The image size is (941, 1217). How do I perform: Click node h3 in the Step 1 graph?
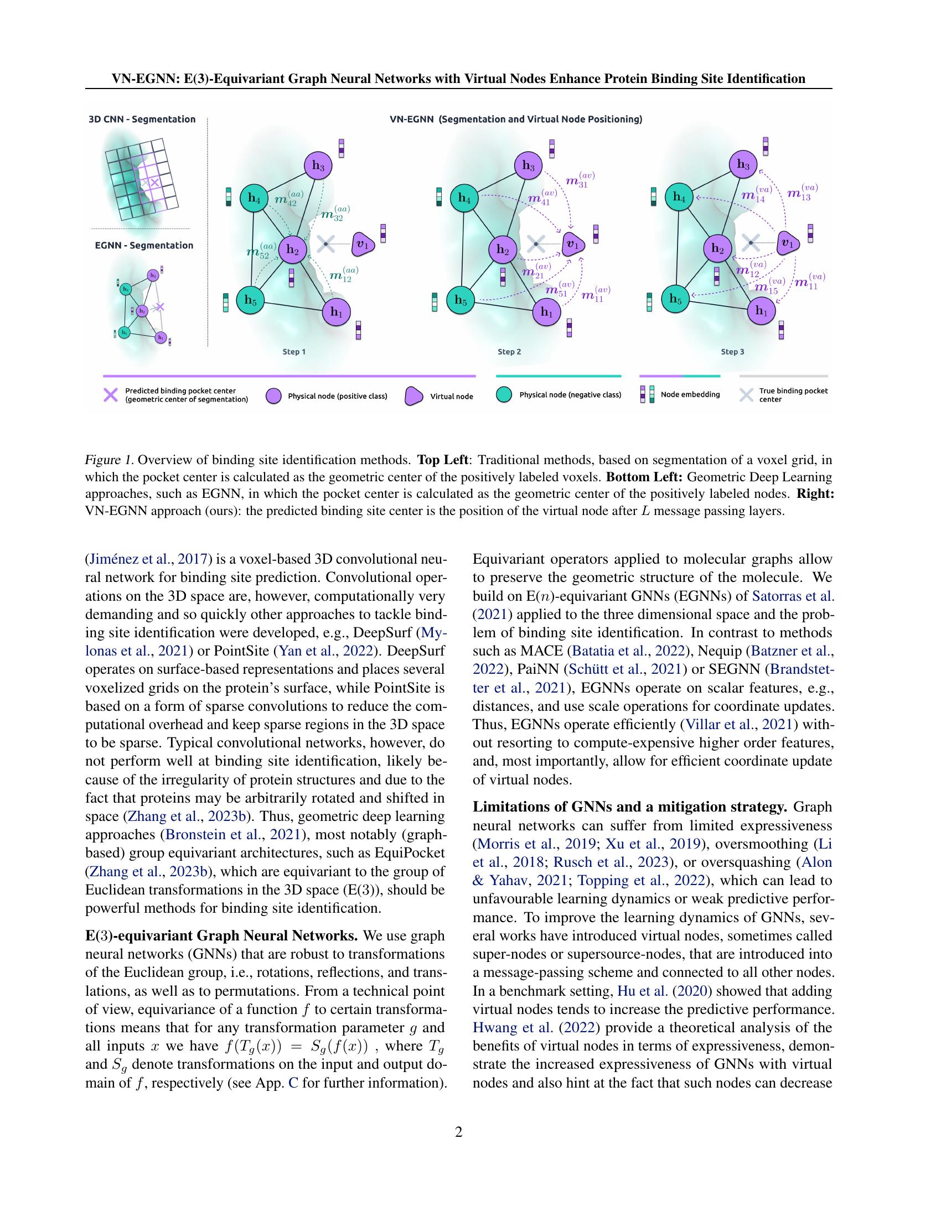(x=318, y=165)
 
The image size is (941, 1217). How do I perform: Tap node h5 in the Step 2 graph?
(x=461, y=300)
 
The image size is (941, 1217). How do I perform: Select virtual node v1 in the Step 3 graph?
(x=787, y=243)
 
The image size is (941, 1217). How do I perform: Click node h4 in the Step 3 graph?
(x=679, y=197)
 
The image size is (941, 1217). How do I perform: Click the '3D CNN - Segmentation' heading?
(x=142, y=119)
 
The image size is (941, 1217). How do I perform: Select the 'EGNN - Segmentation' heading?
(x=144, y=245)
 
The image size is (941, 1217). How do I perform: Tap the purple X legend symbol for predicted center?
(x=111, y=395)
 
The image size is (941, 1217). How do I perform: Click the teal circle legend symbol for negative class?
(x=503, y=395)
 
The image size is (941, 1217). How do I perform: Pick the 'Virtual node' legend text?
(x=452, y=396)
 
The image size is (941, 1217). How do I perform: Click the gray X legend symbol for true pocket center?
(x=746, y=395)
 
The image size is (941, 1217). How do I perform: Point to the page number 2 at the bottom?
(x=459, y=1132)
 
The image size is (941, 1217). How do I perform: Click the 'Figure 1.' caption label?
(x=108, y=460)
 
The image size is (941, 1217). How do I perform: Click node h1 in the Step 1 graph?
(x=336, y=311)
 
